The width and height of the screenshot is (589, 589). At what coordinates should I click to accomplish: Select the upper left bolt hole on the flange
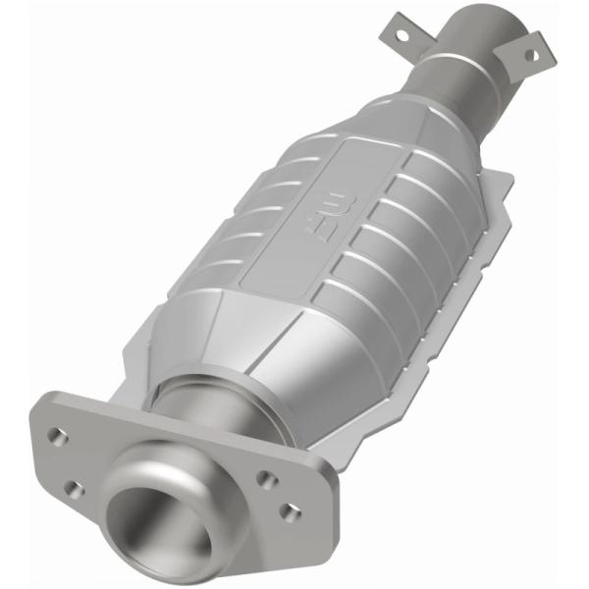pyautogui.click(x=59, y=437)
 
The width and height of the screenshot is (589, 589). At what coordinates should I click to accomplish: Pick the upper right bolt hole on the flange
pyautogui.click(x=264, y=478)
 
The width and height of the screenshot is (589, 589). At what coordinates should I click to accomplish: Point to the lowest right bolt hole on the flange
pyautogui.click(x=289, y=511)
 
